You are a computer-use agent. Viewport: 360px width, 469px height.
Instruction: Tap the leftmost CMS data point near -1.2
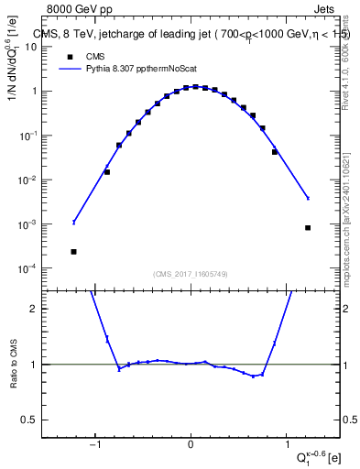pos(73,251)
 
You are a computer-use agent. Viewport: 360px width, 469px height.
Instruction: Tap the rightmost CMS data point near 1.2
pos(308,228)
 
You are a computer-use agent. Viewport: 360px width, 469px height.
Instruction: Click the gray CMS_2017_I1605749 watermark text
pos(191,274)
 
